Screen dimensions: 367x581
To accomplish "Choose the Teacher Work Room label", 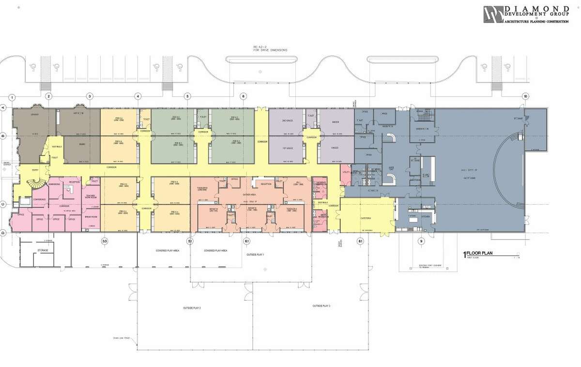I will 92,196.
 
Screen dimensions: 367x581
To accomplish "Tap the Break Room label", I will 92,217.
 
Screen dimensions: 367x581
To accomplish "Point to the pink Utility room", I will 346,172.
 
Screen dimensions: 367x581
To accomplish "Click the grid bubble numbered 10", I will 525,96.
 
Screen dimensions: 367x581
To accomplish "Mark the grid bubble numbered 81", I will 360,241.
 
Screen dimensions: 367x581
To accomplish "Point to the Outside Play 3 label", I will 321,306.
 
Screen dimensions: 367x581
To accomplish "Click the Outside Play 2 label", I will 192,308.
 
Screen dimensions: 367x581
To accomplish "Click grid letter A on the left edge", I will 3,108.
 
